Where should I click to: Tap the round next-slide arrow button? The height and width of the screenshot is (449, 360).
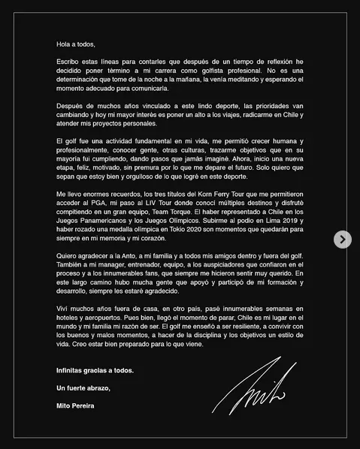(x=342, y=240)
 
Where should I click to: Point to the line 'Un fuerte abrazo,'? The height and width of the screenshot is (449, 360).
(x=83, y=387)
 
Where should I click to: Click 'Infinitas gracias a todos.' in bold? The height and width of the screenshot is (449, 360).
(x=95, y=371)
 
